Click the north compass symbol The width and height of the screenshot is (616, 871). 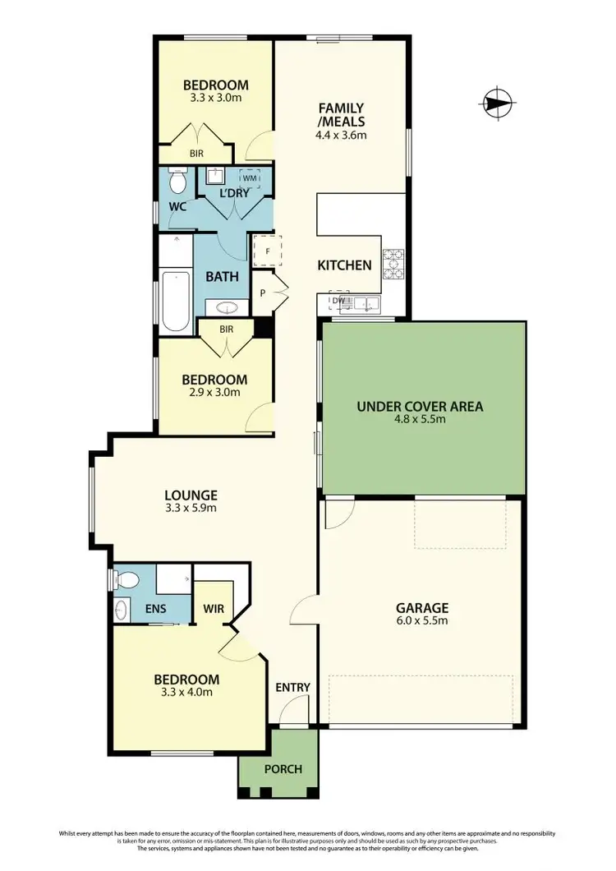click(x=496, y=104)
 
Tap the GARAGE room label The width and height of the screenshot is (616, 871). click(x=422, y=608)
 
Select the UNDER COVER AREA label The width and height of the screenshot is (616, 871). click(x=419, y=406)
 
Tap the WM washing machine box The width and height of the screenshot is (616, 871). click(x=249, y=178)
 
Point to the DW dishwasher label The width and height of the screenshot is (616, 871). click(x=337, y=302)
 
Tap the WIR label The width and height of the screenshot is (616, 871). click(x=215, y=609)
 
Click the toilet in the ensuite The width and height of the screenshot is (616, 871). click(x=126, y=580)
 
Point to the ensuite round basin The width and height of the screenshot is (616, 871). click(x=122, y=610)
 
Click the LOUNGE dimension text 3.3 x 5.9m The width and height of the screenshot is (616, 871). click(x=191, y=509)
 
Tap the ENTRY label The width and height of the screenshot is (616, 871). click(x=292, y=687)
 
